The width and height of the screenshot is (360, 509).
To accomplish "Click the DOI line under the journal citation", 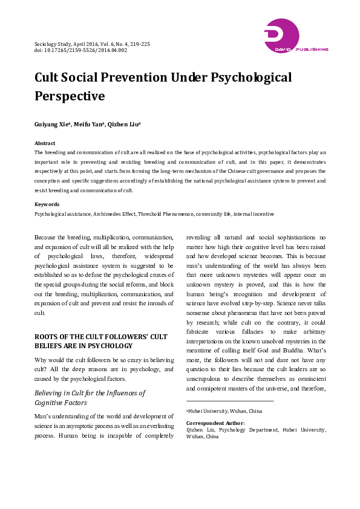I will pos(80,50).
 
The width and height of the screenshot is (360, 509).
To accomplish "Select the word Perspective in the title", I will pos(70,96).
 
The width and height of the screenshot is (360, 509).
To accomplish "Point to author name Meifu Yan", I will pos(90,124).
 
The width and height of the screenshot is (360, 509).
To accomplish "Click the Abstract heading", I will pos(45,143).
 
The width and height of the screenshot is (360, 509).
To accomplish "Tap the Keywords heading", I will pos(47,204).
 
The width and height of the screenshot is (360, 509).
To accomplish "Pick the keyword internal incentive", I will pos(254,214).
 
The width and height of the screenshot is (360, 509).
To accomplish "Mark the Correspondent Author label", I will pos(215,423).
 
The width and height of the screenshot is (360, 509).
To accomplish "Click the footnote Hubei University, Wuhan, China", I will pos(224,411).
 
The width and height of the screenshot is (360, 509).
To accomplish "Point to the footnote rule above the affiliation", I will pos(230,400).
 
